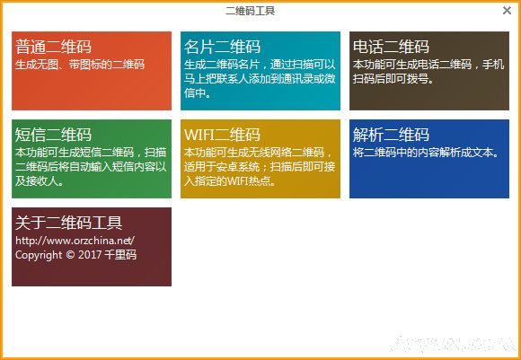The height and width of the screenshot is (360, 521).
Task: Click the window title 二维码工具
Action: click(x=250, y=12)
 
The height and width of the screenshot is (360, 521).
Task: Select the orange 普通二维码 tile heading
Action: click(x=53, y=47)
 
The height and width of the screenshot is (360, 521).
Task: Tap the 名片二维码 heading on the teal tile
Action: click(x=222, y=47)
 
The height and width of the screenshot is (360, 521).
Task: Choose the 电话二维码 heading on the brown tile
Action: click(x=391, y=47)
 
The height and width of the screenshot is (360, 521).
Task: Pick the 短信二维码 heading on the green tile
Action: click(x=53, y=135)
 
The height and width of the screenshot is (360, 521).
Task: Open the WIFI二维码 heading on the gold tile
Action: click(x=222, y=135)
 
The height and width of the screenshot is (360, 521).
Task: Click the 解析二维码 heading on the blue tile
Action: click(x=391, y=135)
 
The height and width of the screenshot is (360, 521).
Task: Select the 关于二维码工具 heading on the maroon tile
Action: click(x=69, y=223)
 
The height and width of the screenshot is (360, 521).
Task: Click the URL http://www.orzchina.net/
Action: click(x=75, y=241)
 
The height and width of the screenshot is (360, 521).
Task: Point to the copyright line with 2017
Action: click(x=75, y=255)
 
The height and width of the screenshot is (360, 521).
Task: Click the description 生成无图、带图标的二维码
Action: click(x=80, y=65)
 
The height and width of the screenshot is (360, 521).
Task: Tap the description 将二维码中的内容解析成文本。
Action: click(x=425, y=153)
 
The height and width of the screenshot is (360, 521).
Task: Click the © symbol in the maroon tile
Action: click(x=70, y=255)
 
